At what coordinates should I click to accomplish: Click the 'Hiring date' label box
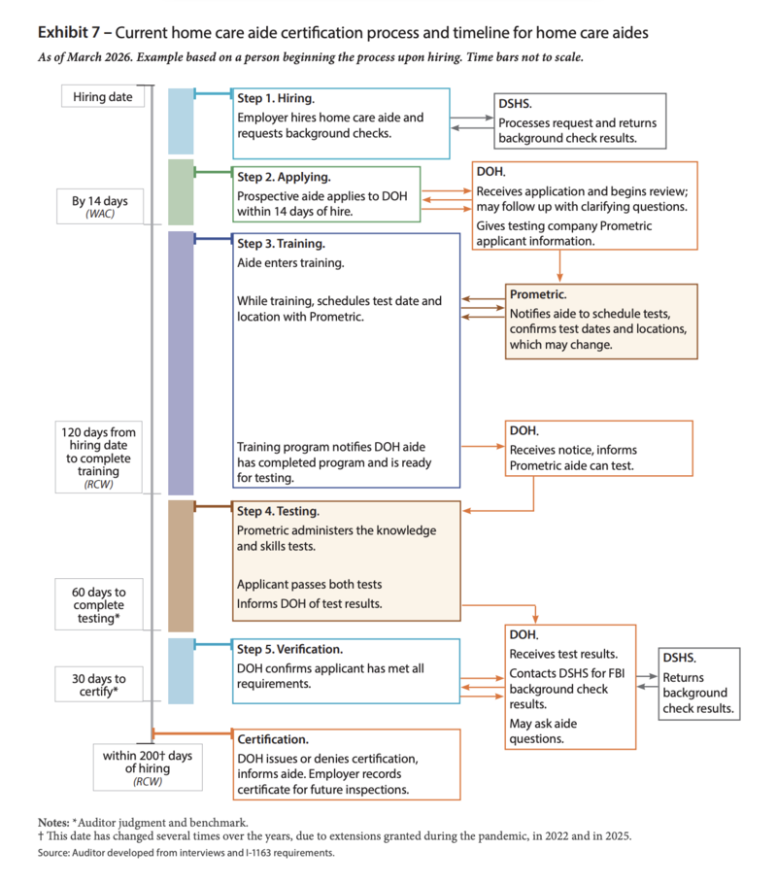tap(103, 96)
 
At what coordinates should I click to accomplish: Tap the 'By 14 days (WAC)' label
tap(100, 206)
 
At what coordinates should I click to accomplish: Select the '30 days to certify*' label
tap(99, 685)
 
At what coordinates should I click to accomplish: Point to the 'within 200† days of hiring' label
tap(148, 767)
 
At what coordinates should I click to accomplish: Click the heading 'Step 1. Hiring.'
tap(276, 98)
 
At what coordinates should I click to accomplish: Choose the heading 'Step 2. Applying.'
tap(284, 177)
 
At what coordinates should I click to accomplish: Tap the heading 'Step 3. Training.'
tap(281, 244)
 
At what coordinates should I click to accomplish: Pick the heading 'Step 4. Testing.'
tap(278, 511)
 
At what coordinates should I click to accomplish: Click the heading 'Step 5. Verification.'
tap(289, 650)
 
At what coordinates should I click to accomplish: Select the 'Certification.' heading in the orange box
tap(273, 739)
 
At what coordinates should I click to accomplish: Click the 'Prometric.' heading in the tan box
tap(538, 294)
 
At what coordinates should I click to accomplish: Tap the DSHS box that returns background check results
tap(699, 684)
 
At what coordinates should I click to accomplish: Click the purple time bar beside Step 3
tap(181, 363)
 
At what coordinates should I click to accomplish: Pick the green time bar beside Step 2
tap(181, 192)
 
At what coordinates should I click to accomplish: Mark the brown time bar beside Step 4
tap(181, 566)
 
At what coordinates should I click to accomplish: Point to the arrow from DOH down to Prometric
tap(559, 265)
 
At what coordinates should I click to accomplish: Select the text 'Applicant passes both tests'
tap(309, 585)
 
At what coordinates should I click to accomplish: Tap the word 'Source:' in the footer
tap(53, 853)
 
